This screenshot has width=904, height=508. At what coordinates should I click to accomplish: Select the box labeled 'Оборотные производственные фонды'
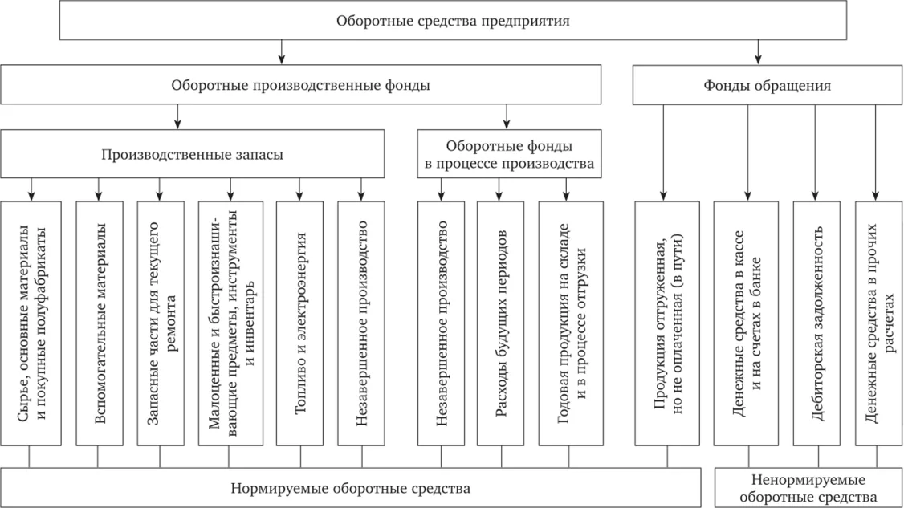click(x=301, y=85)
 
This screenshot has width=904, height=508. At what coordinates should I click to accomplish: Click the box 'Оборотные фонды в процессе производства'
click(x=509, y=154)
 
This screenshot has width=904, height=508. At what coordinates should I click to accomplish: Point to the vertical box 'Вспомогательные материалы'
click(x=99, y=323)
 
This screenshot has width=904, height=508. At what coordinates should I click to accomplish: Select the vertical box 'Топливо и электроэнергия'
click(x=300, y=323)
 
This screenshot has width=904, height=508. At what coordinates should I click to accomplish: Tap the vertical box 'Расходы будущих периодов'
click(x=500, y=323)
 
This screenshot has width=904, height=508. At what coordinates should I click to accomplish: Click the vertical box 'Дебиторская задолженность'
click(x=816, y=323)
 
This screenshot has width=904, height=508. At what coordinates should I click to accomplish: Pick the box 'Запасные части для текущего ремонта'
click(x=160, y=323)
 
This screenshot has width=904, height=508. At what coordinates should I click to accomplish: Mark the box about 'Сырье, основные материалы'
click(x=31, y=323)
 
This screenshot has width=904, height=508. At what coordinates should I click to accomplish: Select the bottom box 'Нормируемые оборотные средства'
click(x=351, y=488)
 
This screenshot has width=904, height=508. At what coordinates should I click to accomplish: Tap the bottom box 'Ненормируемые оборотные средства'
click(x=808, y=488)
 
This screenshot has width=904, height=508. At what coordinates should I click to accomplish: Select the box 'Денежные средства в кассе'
click(x=747, y=323)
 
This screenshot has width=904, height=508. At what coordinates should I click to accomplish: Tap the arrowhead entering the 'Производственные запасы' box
click(x=177, y=125)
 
